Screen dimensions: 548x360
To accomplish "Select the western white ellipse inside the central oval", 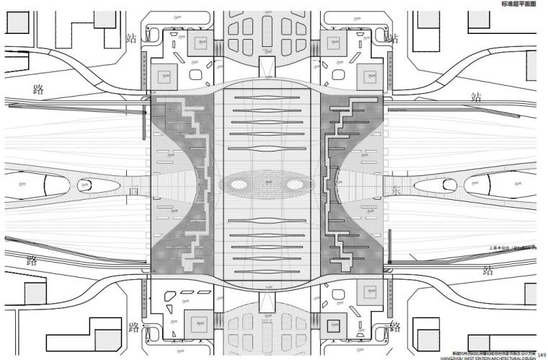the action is [x=244, y=184].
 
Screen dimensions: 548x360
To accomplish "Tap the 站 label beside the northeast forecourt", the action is [x=393, y=36].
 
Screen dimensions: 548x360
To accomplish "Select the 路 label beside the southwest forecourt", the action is [x=133, y=328].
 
